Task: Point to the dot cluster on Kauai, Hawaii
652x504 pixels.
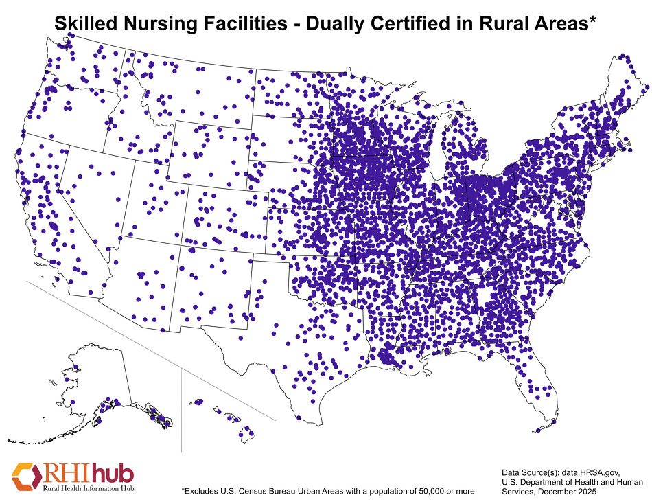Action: (198, 402)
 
